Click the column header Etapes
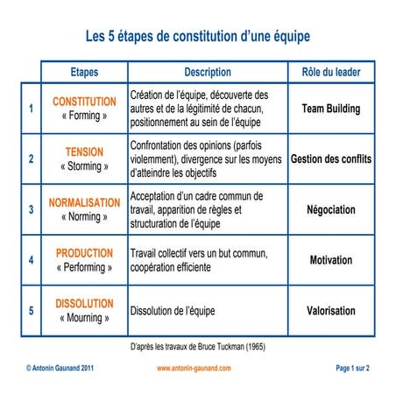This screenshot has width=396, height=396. pos(84,73)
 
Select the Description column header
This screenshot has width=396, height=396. pos(208,73)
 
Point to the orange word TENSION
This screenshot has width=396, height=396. pos(84,152)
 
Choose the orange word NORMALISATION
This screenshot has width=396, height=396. pos(84,202)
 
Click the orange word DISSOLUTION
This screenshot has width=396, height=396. pos(84,303)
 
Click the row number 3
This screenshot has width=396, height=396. pos(32,210)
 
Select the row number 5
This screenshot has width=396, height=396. pos(32,311)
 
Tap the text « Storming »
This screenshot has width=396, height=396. pos(84,166)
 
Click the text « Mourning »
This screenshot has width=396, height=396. pos(84,318)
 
